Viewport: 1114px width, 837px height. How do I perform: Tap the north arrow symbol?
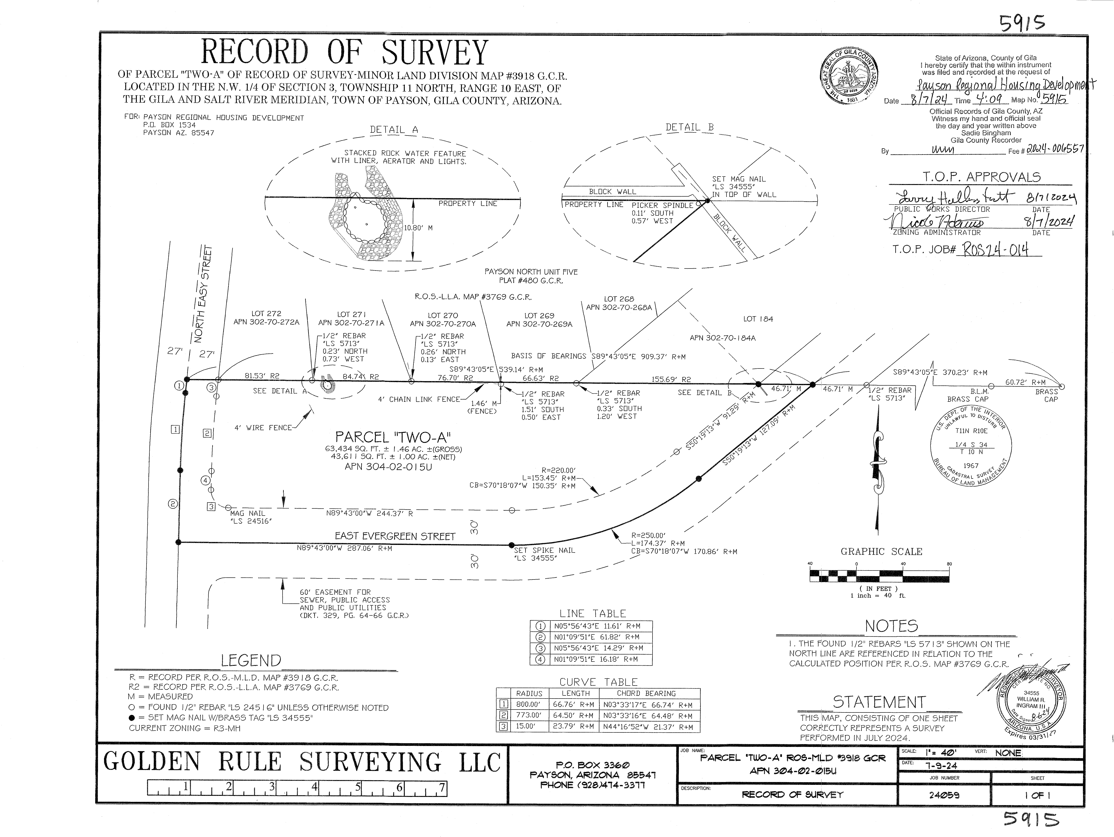point(877,463)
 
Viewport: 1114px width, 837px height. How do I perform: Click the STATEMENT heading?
point(879,702)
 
